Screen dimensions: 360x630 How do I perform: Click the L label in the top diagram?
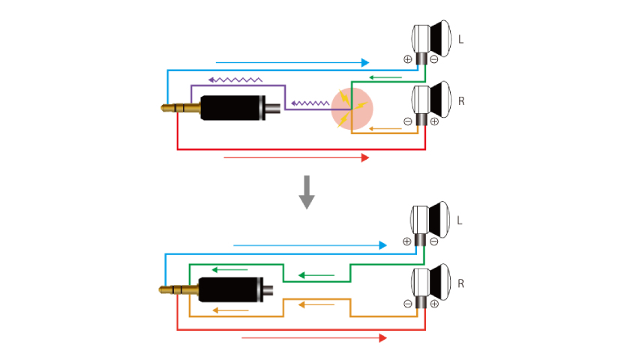460,39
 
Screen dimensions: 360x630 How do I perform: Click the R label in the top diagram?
460,99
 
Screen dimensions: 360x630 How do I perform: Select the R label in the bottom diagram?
460,284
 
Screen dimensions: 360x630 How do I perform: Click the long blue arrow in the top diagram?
292,61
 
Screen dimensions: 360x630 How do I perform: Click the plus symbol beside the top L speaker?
408,59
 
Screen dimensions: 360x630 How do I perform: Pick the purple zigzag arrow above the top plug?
235,77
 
